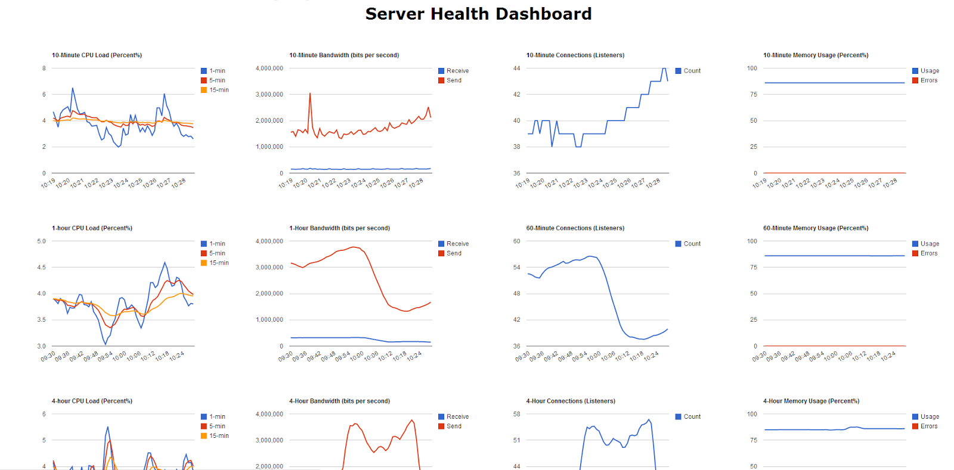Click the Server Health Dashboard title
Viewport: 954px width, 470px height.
click(x=478, y=14)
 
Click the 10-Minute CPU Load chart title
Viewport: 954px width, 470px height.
click(x=97, y=55)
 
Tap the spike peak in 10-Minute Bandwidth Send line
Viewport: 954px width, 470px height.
click(x=310, y=93)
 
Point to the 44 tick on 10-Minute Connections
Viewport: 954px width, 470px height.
click(x=516, y=69)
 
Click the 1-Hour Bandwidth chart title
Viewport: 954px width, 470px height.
click(x=339, y=228)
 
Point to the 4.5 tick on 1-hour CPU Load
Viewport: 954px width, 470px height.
click(x=41, y=267)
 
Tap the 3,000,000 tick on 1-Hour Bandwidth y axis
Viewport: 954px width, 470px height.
click(x=270, y=267)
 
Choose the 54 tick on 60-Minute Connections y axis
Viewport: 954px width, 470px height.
click(x=516, y=267)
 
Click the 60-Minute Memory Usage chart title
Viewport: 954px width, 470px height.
click(x=816, y=228)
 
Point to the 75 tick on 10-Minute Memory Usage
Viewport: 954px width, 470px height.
click(x=754, y=95)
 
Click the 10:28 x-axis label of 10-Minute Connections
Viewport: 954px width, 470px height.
click(x=653, y=183)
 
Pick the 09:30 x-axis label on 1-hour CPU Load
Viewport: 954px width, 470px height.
click(x=48, y=356)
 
